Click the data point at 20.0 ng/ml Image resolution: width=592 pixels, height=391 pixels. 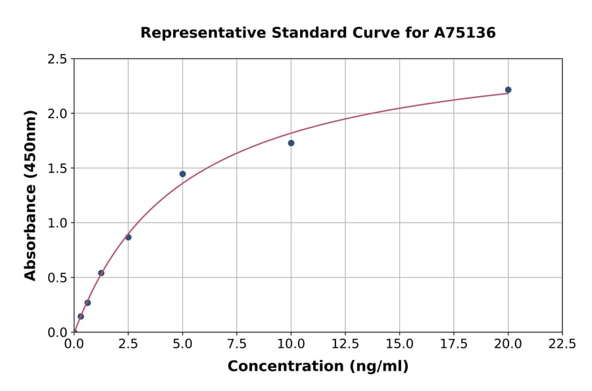[x=508, y=90]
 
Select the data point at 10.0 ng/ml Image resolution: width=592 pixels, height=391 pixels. [x=291, y=143]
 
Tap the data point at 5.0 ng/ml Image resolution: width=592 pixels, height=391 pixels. [x=182, y=174]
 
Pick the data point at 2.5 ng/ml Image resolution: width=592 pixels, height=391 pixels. [x=128, y=237]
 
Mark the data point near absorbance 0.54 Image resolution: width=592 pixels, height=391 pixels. [x=101, y=273]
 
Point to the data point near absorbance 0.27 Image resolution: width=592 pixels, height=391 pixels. [x=87, y=303]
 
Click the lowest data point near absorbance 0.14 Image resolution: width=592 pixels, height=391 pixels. [x=81, y=316]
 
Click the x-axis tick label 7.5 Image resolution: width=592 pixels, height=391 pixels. [x=237, y=344]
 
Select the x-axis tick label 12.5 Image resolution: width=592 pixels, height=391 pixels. [x=345, y=344]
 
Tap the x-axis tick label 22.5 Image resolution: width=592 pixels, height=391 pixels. [x=562, y=344]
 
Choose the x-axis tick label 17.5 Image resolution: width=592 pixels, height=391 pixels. [x=454, y=344]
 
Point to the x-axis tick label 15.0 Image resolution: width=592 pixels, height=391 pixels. [x=399, y=344]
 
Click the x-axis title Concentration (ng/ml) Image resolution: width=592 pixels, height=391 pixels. [x=318, y=367]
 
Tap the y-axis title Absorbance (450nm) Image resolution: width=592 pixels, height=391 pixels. [x=30, y=195]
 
